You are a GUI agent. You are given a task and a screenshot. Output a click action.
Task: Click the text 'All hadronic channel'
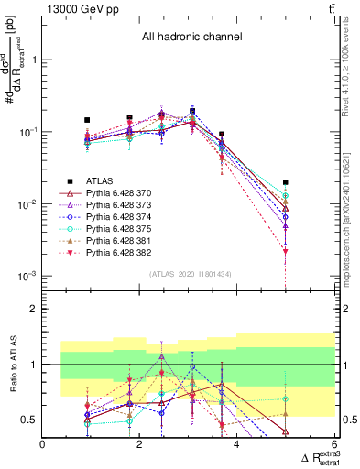click(191, 37)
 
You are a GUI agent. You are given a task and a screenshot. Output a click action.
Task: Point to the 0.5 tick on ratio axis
click(30, 420)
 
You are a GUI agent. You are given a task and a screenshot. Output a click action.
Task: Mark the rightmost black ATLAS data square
click(286, 182)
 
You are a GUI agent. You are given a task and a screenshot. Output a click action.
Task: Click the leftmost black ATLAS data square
click(87, 120)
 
